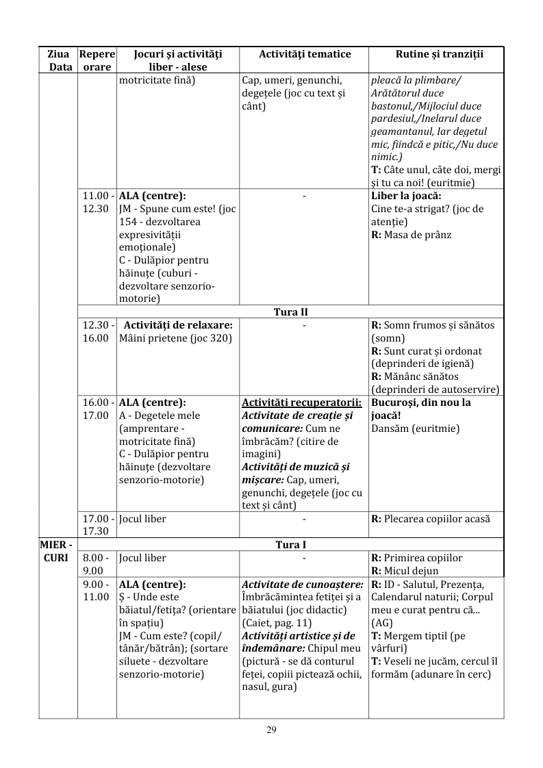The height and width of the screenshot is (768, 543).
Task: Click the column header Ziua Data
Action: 58,60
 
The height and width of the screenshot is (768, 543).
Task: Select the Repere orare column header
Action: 97,60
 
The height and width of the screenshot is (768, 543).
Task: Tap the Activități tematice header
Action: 305,54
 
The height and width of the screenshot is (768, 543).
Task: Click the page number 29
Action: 271,730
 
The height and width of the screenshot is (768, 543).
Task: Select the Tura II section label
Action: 290,312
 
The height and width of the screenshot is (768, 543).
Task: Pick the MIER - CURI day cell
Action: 58,551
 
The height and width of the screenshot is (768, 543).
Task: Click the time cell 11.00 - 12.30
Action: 97,202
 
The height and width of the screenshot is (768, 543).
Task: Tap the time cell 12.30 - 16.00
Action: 97,331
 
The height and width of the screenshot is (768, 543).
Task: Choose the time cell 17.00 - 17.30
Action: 97,525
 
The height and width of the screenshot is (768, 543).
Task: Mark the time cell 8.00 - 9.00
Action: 97,563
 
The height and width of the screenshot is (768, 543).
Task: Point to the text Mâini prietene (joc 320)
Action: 175,338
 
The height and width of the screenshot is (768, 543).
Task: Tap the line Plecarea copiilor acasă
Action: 437,519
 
